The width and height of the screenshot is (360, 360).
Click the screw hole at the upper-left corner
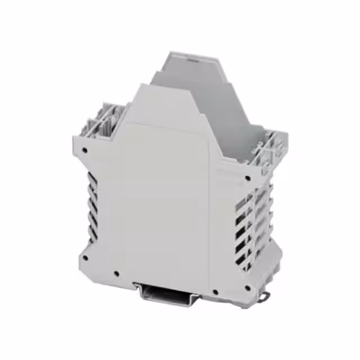point(84,151)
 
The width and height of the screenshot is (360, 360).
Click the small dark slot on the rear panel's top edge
point(193,58)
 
